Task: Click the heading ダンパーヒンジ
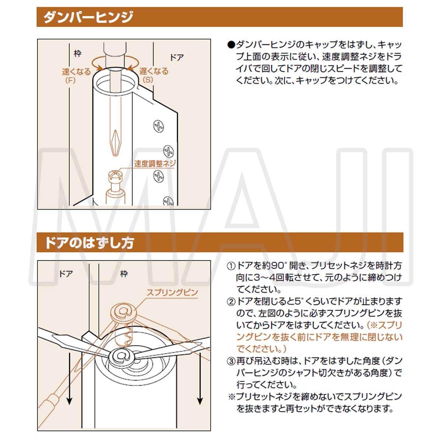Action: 88,17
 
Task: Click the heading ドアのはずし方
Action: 89,243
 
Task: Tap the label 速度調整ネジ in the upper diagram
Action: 155,164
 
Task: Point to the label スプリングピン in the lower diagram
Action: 172,293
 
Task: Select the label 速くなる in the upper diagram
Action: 76,72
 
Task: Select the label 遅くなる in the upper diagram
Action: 154,71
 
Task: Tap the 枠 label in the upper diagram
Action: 77,54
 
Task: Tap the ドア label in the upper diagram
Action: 176,58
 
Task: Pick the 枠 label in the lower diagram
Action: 124,274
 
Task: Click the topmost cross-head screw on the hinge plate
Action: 158,126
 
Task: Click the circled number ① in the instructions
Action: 231,266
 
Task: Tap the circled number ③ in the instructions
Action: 231,361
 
